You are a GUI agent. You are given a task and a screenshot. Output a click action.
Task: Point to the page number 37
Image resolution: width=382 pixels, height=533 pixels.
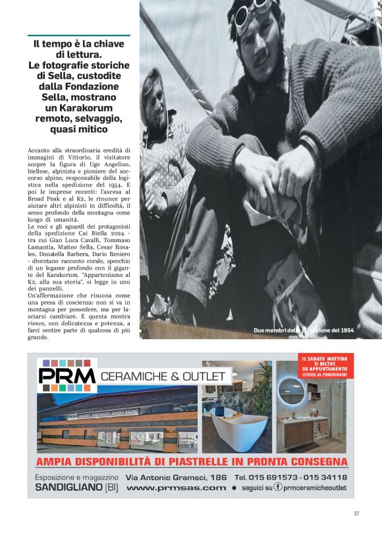[x=356, y=513]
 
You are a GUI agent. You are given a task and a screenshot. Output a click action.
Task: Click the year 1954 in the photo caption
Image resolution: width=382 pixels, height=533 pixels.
[x=343, y=330]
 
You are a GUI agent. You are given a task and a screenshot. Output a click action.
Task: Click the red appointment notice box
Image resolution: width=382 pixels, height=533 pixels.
[x=325, y=366]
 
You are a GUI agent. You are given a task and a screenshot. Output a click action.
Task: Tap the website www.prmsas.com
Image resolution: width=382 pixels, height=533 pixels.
[x=176, y=487]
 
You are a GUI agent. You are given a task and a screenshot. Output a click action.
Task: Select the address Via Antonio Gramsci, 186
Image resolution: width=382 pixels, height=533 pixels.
[x=177, y=476]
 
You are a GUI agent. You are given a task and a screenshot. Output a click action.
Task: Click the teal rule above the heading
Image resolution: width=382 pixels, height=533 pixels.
[x=78, y=36]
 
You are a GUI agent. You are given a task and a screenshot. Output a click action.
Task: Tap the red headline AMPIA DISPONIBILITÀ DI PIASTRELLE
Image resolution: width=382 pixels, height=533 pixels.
[x=191, y=461]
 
